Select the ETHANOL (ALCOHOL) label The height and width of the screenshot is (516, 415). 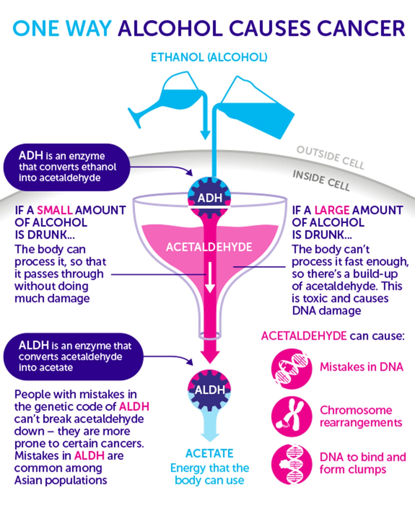coord(209,57)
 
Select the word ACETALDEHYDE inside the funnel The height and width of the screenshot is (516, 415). coord(209,247)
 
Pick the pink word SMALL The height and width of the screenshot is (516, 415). coord(55,210)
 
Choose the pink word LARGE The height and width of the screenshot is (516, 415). coord(332,210)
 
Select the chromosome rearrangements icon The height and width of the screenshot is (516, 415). coord(292,416)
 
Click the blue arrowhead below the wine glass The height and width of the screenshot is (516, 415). coord(205,134)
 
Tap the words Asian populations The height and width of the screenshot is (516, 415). coord(61,480)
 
